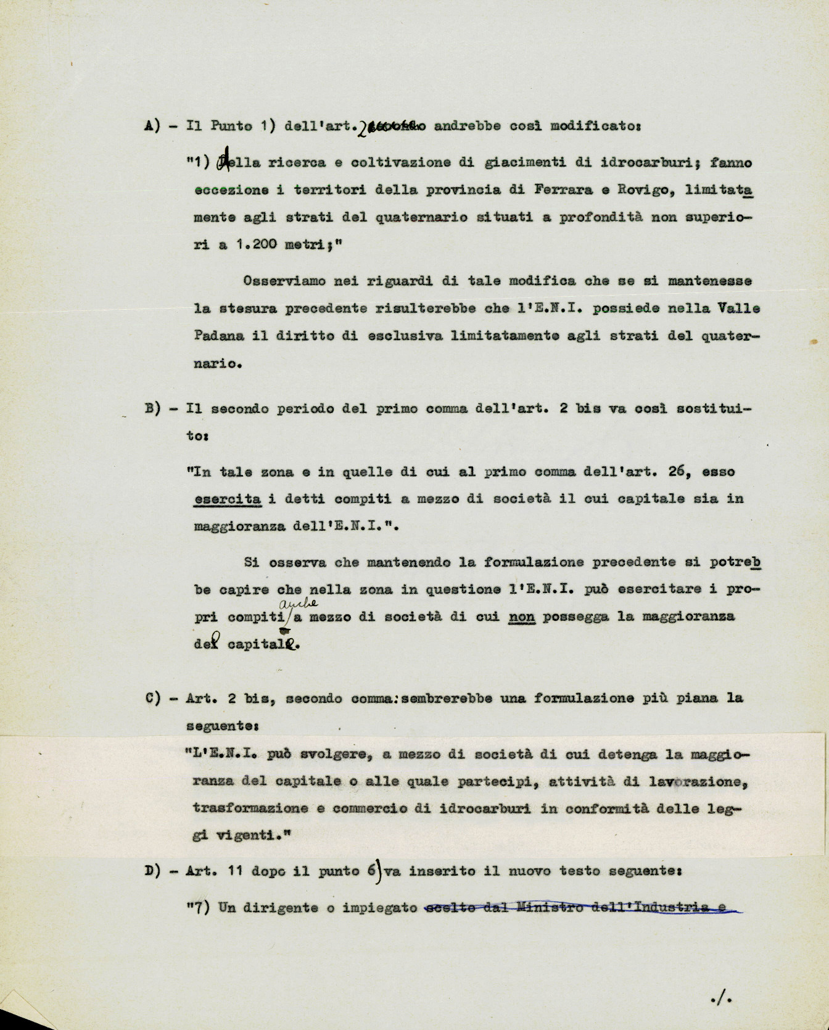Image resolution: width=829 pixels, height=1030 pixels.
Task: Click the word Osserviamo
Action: [x=281, y=281]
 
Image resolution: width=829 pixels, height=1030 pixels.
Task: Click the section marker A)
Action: [x=153, y=126]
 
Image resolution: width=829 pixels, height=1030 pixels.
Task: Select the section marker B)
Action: [x=153, y=409]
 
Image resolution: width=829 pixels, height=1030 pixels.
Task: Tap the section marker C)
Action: [x=153, y=699]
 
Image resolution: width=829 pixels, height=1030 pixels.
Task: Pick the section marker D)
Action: [x=153, y=871]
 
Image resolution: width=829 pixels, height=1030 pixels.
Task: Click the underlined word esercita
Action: [x=227, y=499]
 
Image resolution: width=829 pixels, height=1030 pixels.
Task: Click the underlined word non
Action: [x=522, y=617]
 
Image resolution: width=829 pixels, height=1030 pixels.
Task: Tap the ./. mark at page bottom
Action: [x=717, y=995]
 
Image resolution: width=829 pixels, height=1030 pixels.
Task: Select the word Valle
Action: [x=739, y=309]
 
